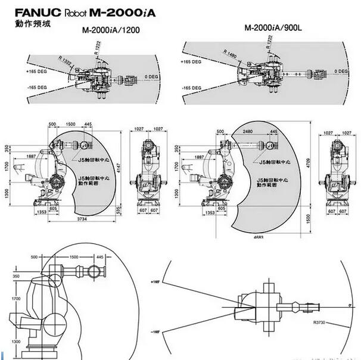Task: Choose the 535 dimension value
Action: pos(119,211)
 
